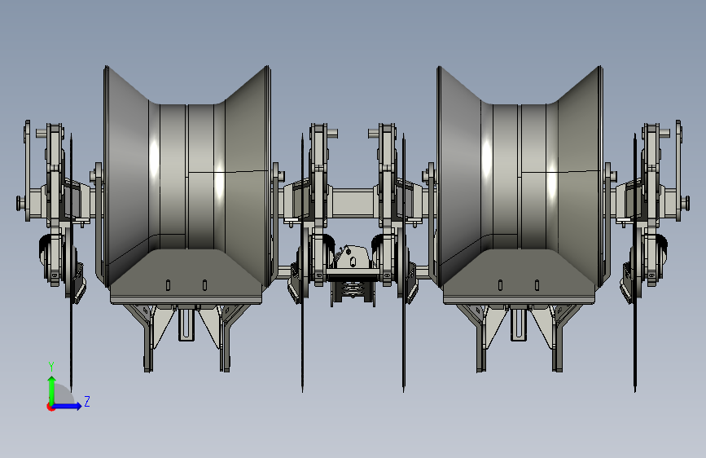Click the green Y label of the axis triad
pyautogui.click(x=51, y=367)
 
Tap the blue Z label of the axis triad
pyautogui.click(x=87, y=401)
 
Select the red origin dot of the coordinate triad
pyautogui.click(x=50, y=407)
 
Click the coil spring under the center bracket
pyautogui.click(x=352, y=289)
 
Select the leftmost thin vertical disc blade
pyautogui.click(x=71, y=262)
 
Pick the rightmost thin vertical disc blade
pyautogui.click(x=635, y=262)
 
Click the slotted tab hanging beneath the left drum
pyautogui.click(x=186, y=324)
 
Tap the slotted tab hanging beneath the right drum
pyautogui.click(x=518, y=324)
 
